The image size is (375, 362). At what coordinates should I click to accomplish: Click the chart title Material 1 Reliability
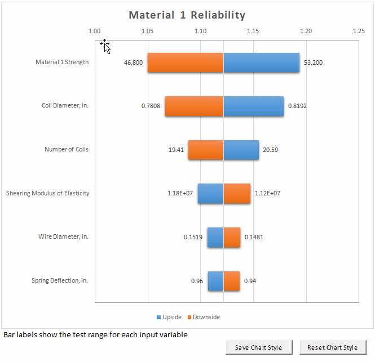pyautogui.click(x=187, y=15)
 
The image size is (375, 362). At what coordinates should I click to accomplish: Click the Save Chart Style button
pyautogui.click(x=258, y=347)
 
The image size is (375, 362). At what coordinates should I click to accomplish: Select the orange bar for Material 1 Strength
pyautogui.click(x=186, y=62)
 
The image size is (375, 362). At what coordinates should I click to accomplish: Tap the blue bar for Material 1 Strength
pyautogui.click(x=262, y=62)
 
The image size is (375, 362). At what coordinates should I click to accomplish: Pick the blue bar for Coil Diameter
pyautogui.click(x=254, y=106)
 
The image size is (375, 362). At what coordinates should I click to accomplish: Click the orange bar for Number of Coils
pyautogui.click(x=206, y=150)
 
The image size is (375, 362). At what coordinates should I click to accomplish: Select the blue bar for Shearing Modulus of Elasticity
pyautogui.click(x=210, y=193)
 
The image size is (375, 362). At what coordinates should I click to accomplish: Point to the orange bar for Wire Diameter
pyautogui.click(x=232, y=237)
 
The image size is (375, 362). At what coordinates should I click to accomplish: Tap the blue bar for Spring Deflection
pyautogui.click(x=215, y=281)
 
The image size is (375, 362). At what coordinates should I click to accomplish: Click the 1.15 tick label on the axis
pyautogui.click(x=253, y=32)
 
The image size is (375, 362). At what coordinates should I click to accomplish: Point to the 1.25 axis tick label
pyautogui.click(x=359, y=32)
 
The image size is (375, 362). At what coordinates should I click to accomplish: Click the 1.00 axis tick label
pyautogui.click(x=95, y=32)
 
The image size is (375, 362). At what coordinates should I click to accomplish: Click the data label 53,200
pyautogui.click(x=313, y=62)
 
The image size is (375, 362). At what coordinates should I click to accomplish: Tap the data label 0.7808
pyautogui.click(x=151, y=106)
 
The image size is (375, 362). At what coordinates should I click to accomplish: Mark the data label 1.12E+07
pyautogui.click(x=268, y=193)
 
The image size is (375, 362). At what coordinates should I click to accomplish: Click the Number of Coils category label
pyautogui.click(x=67, y=150)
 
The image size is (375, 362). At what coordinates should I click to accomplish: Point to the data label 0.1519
pyautogui.click(x=193, y=237)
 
